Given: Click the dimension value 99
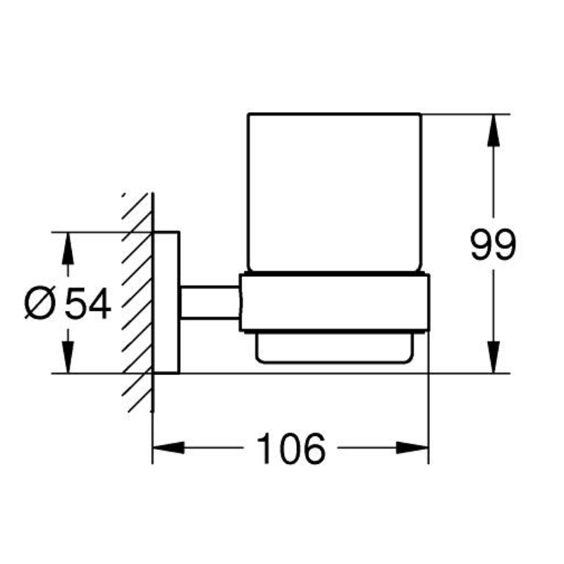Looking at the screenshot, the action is tap(493, 245).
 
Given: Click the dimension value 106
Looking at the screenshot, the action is tap(291, 448).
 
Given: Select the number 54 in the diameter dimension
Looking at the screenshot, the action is tap(88, 304).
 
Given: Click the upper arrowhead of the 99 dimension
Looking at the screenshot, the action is tap(493, 130).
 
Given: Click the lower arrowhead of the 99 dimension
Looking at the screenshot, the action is tap(493, 357).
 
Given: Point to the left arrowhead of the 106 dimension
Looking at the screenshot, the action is tap(168, 448).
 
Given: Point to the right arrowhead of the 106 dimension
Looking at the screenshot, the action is tap(412, 448).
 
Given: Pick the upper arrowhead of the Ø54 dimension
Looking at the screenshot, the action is tap(67, 249).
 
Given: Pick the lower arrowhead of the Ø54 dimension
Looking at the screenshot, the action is tap(67, 357).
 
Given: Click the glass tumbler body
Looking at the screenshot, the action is tap(334, 192).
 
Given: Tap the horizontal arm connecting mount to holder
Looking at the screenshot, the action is tap(209, 302).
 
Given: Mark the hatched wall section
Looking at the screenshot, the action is tap(137, 302).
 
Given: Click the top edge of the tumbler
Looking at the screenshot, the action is tap(334, 114).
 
